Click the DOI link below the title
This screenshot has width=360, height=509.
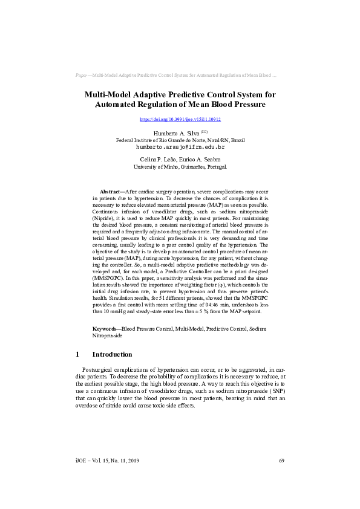tap(180, 119)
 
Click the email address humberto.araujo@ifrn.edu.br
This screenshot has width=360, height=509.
tap(180, 147)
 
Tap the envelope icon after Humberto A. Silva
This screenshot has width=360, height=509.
tap(204, 131)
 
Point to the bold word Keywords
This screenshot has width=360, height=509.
tap(106, 328)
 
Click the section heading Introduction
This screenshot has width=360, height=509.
tap(111, 354)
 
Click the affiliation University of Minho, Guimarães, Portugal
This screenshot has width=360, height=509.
tap(180, 166)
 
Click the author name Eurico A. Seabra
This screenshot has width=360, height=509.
tap(201, 158)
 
